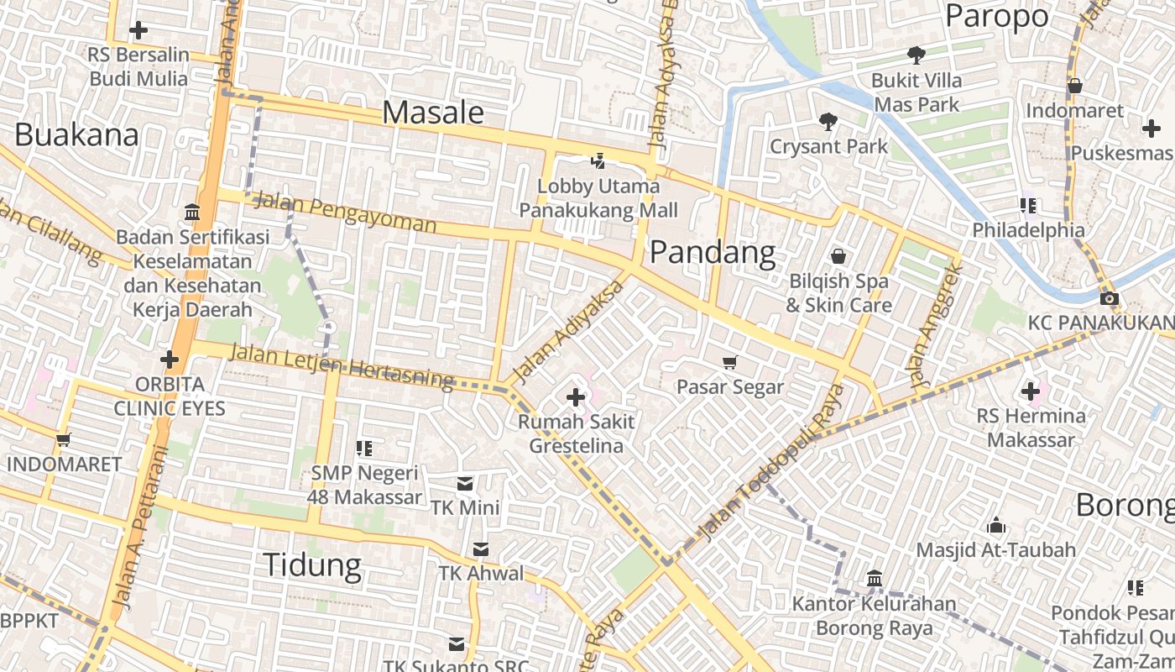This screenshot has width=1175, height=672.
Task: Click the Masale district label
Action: (433, 113)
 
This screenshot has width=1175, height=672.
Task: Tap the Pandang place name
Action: (713, 252)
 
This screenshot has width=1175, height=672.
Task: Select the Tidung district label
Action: (312, 565)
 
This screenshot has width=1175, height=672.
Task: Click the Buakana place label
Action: (76, 134)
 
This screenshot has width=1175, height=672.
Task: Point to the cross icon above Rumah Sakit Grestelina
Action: (576, 396)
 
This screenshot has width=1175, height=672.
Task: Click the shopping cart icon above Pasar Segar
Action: (729, 362)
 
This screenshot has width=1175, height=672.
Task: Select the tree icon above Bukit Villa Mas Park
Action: (916, 55)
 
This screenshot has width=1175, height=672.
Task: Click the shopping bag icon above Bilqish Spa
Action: (838, 256)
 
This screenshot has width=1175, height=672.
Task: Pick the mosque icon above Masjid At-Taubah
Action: (996, 526)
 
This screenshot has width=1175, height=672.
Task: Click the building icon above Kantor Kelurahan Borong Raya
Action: (875, 579)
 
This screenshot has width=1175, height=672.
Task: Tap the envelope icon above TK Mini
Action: (464, 484)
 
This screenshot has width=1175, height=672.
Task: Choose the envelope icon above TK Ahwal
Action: (481, 549)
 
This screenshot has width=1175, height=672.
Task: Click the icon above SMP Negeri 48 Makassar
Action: (364, 449)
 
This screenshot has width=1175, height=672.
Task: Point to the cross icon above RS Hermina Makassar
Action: (1031, 391)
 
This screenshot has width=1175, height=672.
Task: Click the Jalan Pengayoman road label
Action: (345, 213)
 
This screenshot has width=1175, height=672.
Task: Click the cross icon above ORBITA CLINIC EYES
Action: (170, 360)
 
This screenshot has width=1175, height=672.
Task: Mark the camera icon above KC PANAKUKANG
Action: (1109, 299)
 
